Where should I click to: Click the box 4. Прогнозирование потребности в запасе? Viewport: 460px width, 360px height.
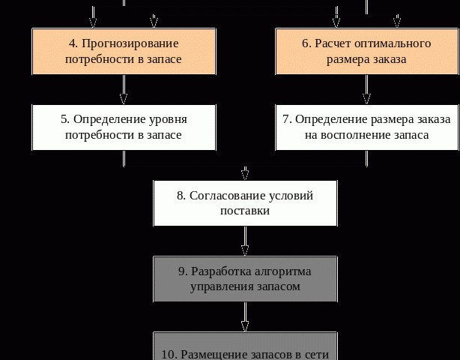click(x=124, y=51)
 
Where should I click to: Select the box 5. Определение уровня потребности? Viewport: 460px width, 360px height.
click(x=124, y=127)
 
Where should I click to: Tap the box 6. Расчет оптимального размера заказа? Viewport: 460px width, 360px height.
click(x=366, y=51)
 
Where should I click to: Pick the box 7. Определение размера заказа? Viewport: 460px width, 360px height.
click(x=366, y=127)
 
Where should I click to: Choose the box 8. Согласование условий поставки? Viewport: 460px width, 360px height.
click(x=245, y=202)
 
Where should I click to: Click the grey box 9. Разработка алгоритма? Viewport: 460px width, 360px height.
click(x=245, y=278)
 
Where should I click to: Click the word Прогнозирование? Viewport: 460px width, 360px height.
click(x=130, y=43)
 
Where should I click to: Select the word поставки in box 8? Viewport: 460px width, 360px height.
click(x=245, y=211)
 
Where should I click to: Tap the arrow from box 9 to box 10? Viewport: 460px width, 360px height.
click(x=245, y=316)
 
